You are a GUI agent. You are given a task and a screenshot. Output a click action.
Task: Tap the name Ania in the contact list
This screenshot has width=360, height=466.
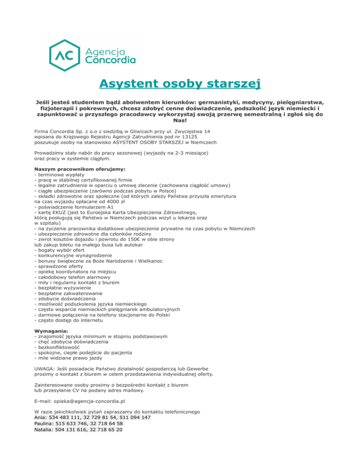[40, 417]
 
